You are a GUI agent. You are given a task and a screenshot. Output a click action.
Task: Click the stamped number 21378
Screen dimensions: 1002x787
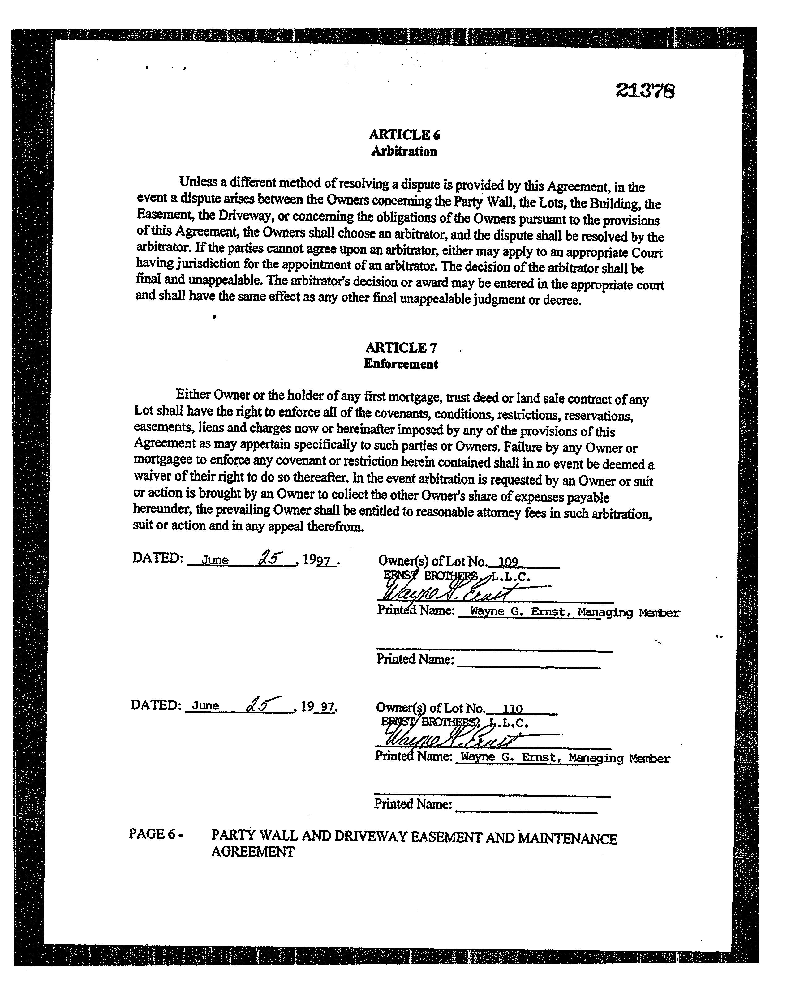pos(645,91)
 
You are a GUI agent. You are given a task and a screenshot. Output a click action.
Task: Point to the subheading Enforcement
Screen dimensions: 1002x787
pos(401,364)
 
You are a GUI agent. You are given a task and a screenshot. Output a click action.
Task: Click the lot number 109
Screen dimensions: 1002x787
pos(508,562)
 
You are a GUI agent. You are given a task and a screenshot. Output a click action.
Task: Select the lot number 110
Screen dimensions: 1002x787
pos(512,709)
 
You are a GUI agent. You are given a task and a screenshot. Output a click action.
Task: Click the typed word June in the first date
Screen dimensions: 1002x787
pos(215,560)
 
